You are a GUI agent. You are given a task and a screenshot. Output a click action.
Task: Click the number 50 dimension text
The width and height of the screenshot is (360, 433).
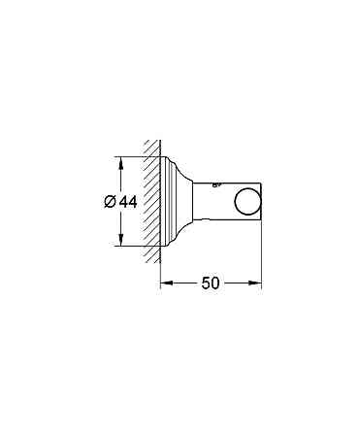pyautogui.click(x=212, y=284)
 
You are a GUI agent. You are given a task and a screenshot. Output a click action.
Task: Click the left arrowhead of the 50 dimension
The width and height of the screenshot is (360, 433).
pyautogui.click(x=166, y=283)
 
